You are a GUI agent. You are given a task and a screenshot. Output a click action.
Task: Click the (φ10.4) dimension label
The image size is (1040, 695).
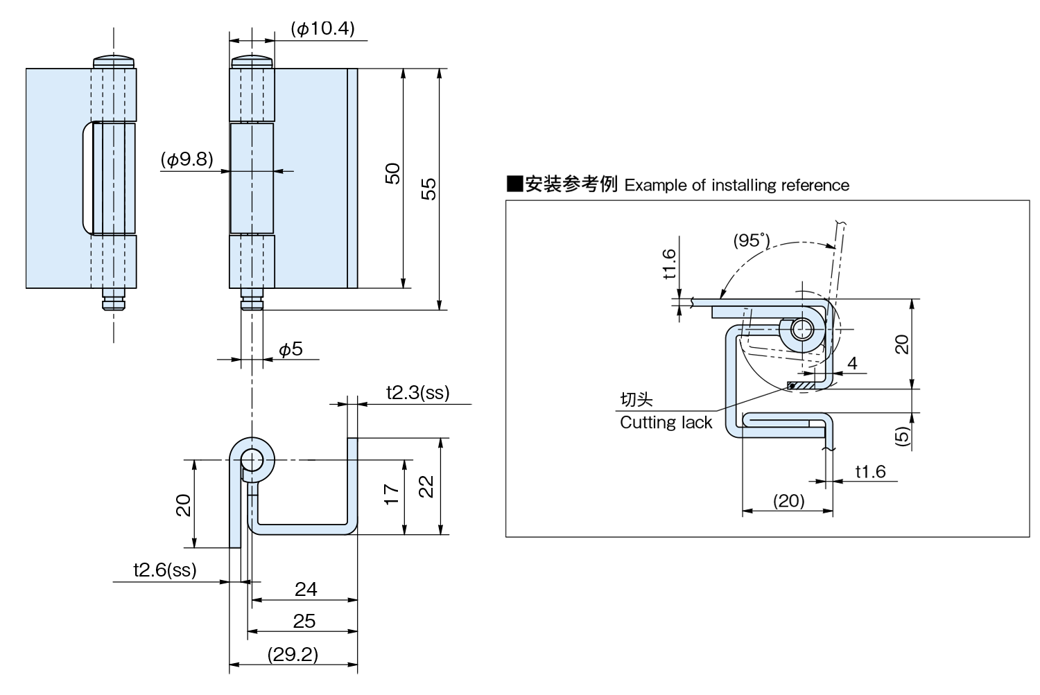tap(322, 28)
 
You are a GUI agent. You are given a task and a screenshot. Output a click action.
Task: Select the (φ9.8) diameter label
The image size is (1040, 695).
tap(187, 159)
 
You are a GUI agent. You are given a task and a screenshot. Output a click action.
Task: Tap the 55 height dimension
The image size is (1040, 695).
tap(429, 188)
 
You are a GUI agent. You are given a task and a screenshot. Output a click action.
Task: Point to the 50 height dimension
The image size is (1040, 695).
tap(393, 173)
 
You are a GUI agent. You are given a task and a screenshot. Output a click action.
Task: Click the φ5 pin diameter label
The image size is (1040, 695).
tap(291, 349)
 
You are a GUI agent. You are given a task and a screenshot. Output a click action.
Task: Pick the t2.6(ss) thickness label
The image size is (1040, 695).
tap(165, 570)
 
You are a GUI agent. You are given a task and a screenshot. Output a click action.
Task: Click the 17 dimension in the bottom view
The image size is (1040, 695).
tap(392, 493)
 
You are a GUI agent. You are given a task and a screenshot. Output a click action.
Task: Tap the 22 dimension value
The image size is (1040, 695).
tap(427, 485)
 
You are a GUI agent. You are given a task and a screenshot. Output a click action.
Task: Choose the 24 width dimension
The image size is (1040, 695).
tap(306, 589)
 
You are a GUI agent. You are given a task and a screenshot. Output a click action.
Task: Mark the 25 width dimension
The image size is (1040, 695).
tap(304, 621)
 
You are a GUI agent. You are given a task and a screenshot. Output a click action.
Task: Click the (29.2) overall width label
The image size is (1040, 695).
tap(293, 654)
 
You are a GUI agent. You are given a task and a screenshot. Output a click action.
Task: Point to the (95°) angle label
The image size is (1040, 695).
tap(752, 241)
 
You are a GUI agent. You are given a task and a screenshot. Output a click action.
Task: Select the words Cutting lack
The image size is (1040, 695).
tap(666, 423)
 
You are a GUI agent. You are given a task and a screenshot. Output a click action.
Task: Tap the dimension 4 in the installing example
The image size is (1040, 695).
tap(852, 362)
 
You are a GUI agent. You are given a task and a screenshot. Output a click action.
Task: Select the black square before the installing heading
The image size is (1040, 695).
tap(514, 184)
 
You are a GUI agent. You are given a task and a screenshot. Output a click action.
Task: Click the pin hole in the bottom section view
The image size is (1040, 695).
tap(252, 459)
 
